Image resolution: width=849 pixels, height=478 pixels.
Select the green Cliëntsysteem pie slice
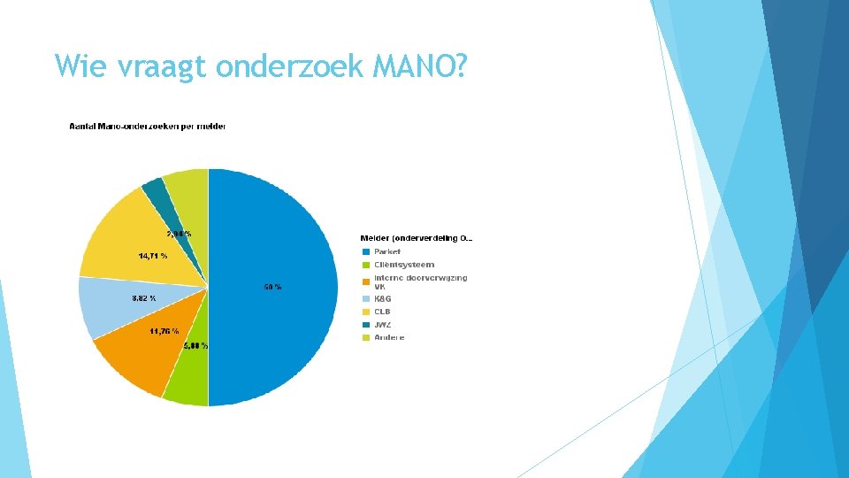click(x=187, y=381)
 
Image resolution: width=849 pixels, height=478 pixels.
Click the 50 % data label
click(x=272, y=287)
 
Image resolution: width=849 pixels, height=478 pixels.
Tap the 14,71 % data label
click(x=151, y=255)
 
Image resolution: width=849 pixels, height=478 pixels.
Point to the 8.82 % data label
click(x=143, y=298)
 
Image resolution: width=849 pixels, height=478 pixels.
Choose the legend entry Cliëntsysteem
click(x=403, y=265)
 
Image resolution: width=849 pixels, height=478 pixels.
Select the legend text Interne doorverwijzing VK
click(x=420, y=281)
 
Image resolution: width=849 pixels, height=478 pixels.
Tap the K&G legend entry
click(x=382, y=299)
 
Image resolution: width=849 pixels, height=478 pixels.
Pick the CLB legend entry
click(x=381, y=312)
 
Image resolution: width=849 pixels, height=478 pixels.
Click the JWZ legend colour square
click(x=365, y=325)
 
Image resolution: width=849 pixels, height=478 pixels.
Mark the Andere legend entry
click(x=388, y=337)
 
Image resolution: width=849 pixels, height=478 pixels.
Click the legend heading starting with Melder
click(x=416, y=238)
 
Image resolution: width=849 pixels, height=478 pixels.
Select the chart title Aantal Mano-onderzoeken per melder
click(x=148, y=127)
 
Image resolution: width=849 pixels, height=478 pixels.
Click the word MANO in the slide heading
click(x=419, y=66)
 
